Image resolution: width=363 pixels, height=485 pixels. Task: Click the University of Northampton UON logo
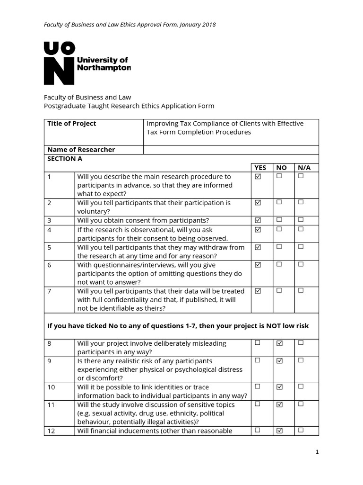pyautogui.click(x=87, y=63)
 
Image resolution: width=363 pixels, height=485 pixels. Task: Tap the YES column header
pyautogui.click(x=260, y=168)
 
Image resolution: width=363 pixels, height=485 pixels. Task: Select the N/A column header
pyautogui.click(x=301, y=168)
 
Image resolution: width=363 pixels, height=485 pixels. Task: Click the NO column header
pyautogui.click(x=281, y=168)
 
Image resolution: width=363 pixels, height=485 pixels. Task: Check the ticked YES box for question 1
pyautogui.click(x=258, y=176)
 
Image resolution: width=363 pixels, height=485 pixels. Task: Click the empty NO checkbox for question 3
pyautogui.click(x=279, y=220)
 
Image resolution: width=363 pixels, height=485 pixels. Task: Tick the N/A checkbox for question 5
pyautogui.click(x=301, y=246)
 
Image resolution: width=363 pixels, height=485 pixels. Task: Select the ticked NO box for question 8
pyautogui.click(x=279, y=342)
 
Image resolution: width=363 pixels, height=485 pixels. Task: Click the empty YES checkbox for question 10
pyautogui.click(x=258, y=386)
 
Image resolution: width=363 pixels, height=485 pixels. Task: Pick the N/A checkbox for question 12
pyautogui.click(x=301, y=430)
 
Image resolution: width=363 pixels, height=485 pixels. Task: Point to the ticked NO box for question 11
pyautogui.click(x=279, y=404)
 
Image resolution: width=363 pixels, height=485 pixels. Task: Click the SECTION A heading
pyautogui.click(x=61, y=159)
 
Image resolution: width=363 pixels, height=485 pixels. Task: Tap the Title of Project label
pyautogui.click(x=71, y=124)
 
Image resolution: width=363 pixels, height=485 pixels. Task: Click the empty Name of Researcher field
pyautogui.click(x=231, y=150)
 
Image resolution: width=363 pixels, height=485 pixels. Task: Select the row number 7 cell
pyautogui.click(x=59, y=300)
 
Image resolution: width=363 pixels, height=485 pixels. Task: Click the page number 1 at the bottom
pyautogui.click(x=317, y=452)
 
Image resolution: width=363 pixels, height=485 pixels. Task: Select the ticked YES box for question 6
pyautogui.click(x=258, y=264)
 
